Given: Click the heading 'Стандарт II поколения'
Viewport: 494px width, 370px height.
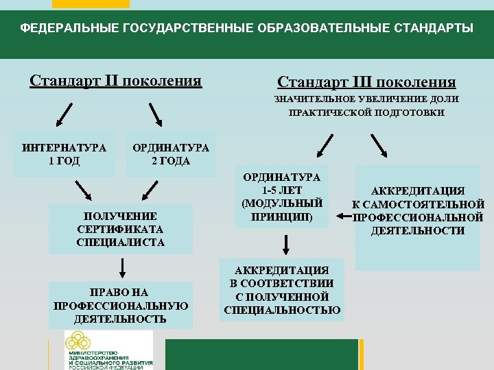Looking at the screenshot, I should (x=115, y=81).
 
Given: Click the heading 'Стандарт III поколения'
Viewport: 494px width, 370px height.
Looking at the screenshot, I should (x=366, y=82).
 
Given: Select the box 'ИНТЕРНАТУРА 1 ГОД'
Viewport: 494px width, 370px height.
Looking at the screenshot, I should (x=64, y=154).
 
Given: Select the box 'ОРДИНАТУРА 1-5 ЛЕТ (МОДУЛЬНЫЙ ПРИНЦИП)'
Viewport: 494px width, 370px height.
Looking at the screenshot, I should (x=282, y=197).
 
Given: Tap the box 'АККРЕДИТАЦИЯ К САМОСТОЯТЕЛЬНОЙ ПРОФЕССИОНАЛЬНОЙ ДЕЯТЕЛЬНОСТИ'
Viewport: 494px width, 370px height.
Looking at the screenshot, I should (x=418, y=210).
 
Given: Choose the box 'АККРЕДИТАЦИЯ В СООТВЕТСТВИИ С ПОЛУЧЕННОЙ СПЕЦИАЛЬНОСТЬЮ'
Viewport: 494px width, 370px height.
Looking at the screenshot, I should (x=282, y=290).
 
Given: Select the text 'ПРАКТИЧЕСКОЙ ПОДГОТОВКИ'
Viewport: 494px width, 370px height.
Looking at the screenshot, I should (x=367, y=112).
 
